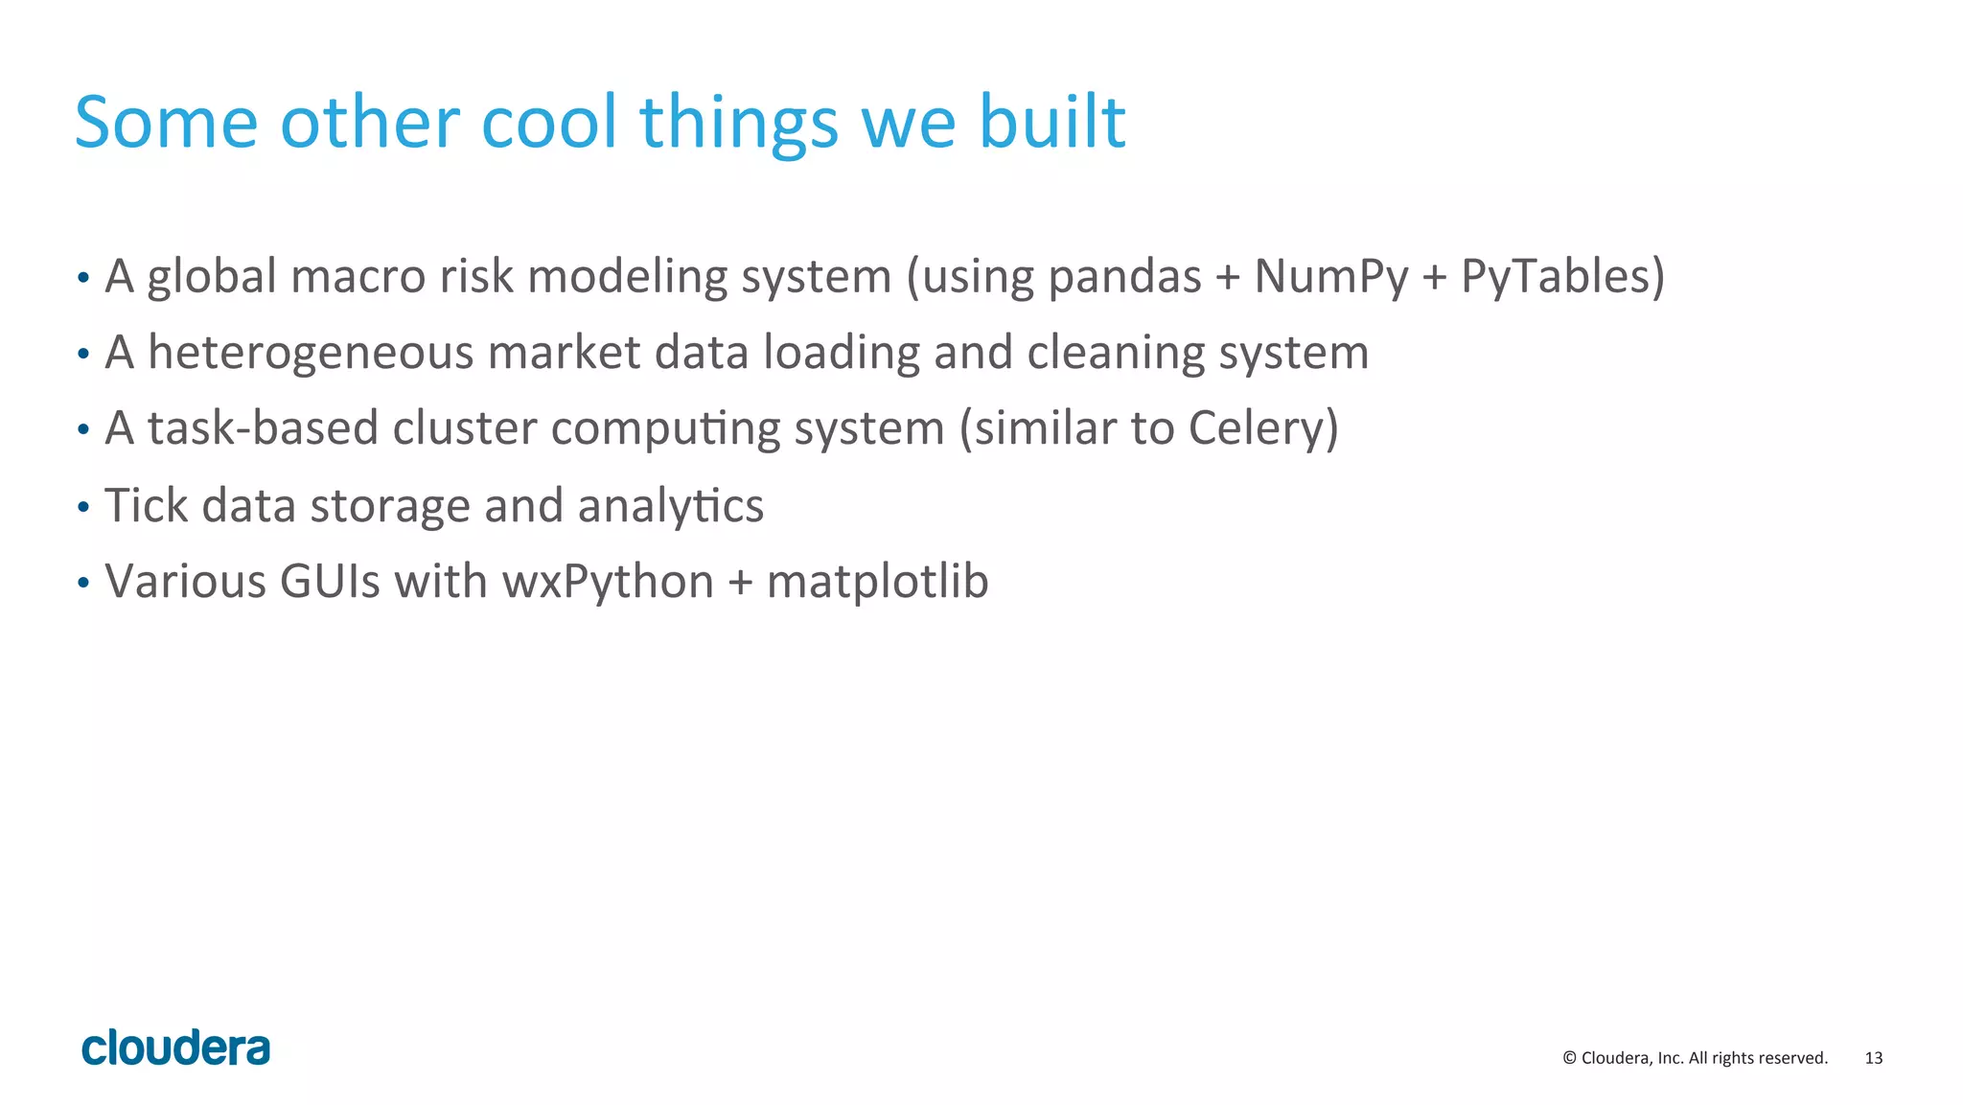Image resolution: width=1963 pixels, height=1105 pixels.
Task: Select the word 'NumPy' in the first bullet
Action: point(1331,277)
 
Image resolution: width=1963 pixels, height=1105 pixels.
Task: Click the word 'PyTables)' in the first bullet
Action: point(1562,277)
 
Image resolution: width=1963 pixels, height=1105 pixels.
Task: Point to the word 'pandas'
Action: point(1124,277)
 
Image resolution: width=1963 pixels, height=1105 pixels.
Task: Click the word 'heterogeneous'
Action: point(311,353)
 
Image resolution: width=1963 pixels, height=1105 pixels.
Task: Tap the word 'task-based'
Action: point(263,428)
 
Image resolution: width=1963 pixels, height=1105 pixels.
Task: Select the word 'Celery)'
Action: point(1263,428)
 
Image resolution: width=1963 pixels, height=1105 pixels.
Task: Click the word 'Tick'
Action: point(146,505)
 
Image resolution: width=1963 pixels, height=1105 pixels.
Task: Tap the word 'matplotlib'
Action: point(877,582)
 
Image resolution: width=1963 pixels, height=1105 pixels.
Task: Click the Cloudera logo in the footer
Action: point(175,1047)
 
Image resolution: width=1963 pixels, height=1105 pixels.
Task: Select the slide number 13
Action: point(1873,1058)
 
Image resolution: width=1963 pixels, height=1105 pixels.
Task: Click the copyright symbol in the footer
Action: point(1569,1058)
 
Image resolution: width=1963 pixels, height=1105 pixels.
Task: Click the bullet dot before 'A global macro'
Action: point(83,278)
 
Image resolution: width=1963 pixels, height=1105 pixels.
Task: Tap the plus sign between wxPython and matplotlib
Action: point(740,583)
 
